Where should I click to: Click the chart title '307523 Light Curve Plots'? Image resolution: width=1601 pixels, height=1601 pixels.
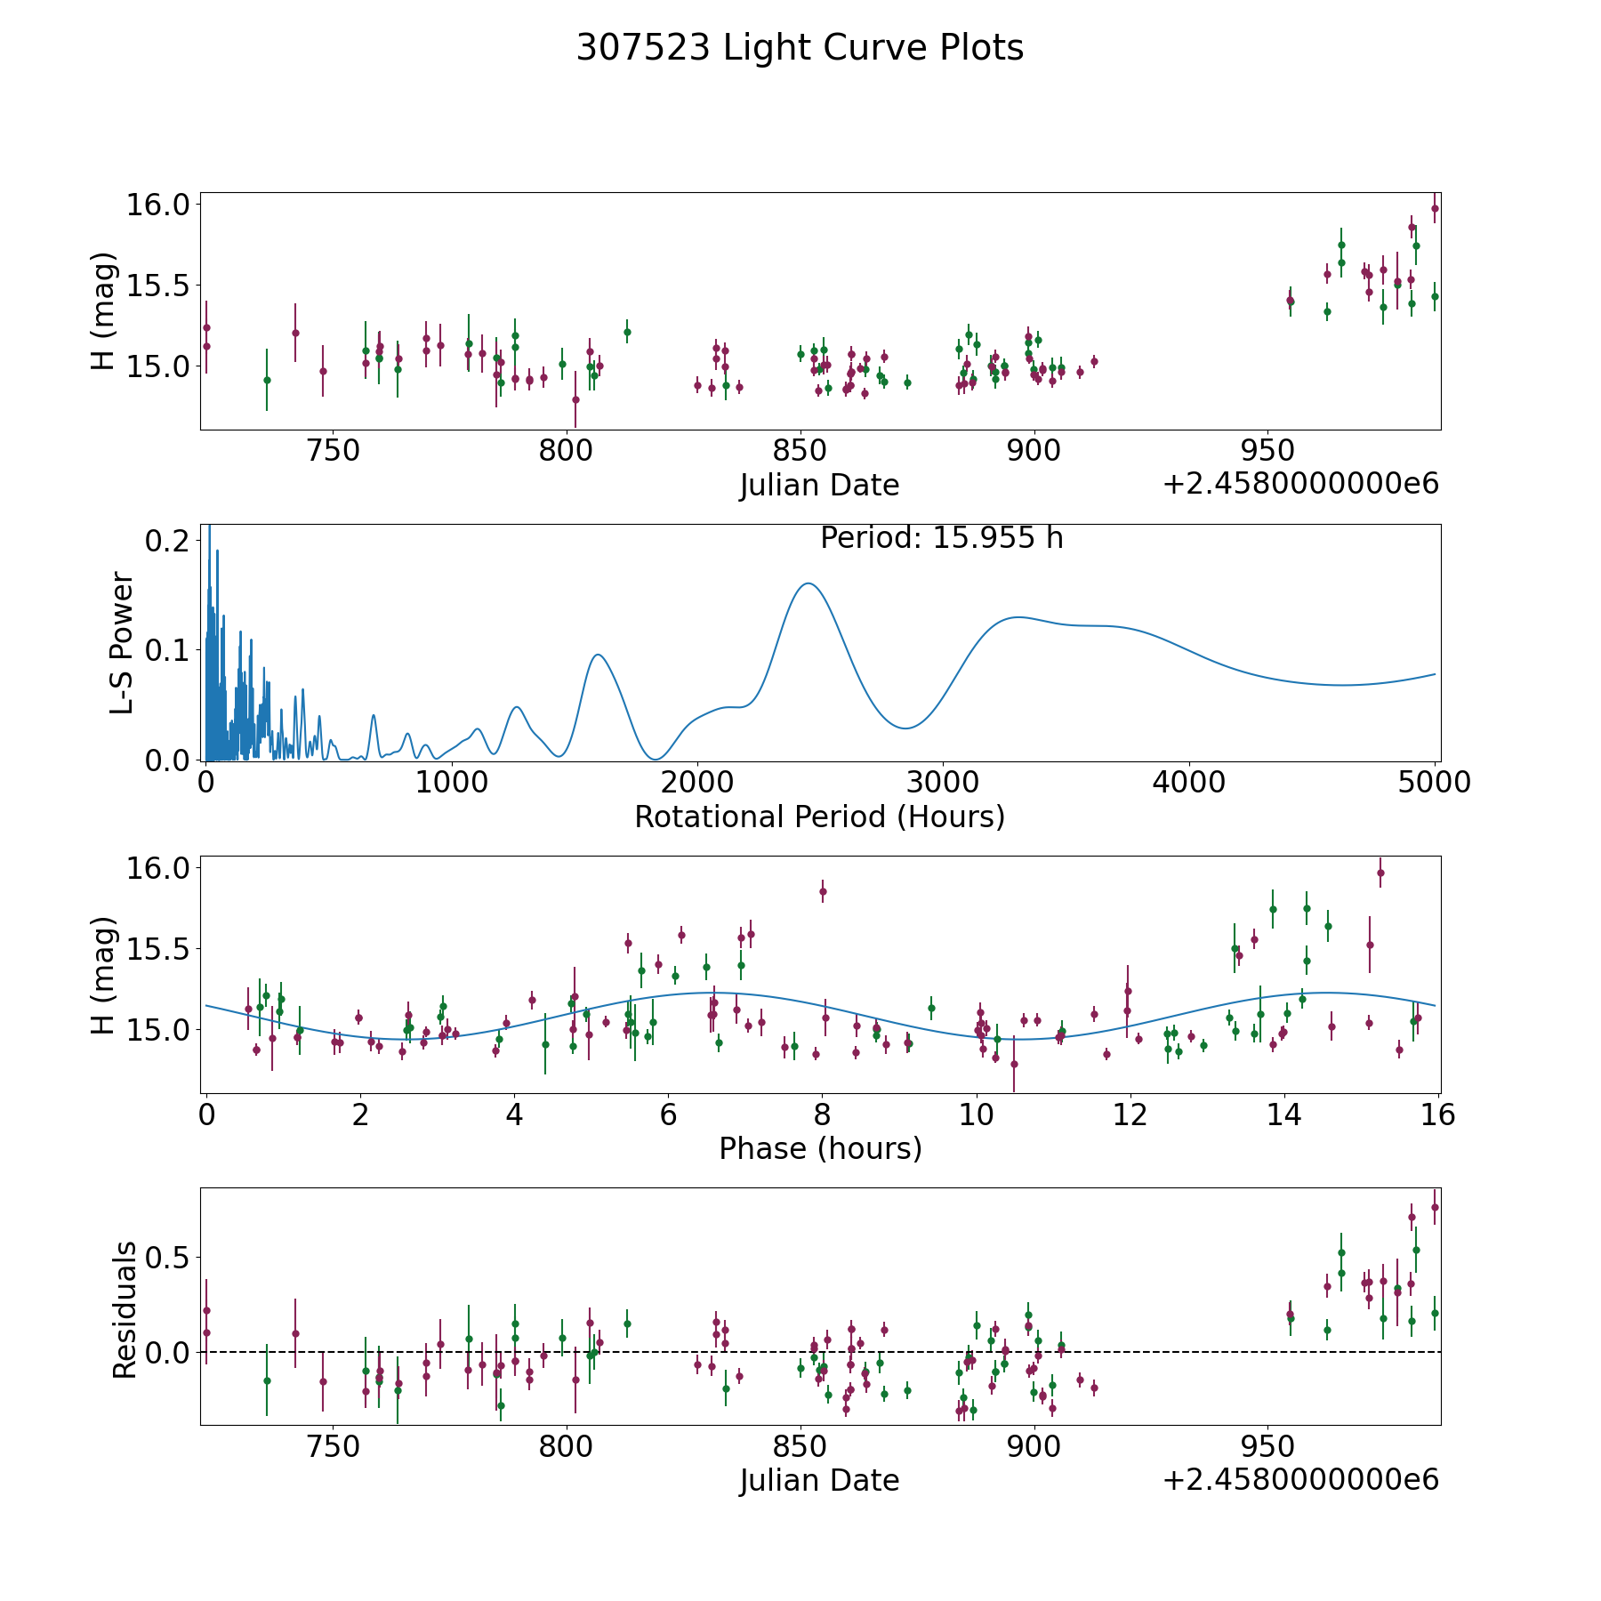[x=800, y=48]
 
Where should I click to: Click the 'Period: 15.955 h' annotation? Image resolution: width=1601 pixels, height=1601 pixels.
[x=941, y=538]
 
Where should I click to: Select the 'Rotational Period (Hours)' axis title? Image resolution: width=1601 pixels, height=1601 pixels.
[x=819, y=817]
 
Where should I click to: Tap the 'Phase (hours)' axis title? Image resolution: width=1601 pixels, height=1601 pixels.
[x=820, y=1148]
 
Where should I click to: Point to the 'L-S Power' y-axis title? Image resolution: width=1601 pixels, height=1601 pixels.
[x=122, y=643]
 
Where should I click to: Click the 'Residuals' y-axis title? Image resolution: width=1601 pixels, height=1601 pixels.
[x=125, y=1310]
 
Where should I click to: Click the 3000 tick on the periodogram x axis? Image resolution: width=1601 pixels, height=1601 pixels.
[x=942, y=783]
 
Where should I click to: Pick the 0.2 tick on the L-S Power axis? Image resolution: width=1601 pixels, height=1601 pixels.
[x=169, y=541]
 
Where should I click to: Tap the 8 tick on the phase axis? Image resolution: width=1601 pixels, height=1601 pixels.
[x=822, y=1114]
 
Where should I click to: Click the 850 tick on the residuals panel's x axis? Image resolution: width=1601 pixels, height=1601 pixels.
[x=800, y=1446]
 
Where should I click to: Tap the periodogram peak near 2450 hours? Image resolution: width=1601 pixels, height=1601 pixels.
[x=808, y=583]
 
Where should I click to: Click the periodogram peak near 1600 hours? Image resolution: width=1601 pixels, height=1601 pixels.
[x=599, y=655]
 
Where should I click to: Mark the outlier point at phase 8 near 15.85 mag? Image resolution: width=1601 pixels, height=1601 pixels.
[x=823, y=891]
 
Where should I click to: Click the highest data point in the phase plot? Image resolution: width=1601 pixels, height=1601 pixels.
[x=1380, y=873]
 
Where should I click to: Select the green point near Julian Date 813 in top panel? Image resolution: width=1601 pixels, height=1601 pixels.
[x=627, y=332]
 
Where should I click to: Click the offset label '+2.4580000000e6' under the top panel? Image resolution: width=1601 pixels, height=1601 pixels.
[x=1300, y=484]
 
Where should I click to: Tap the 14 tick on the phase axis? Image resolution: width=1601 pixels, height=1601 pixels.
[x=1284, y=1114]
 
